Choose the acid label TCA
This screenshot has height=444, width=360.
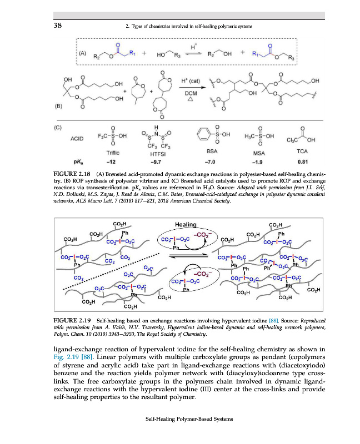(303, 151)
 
